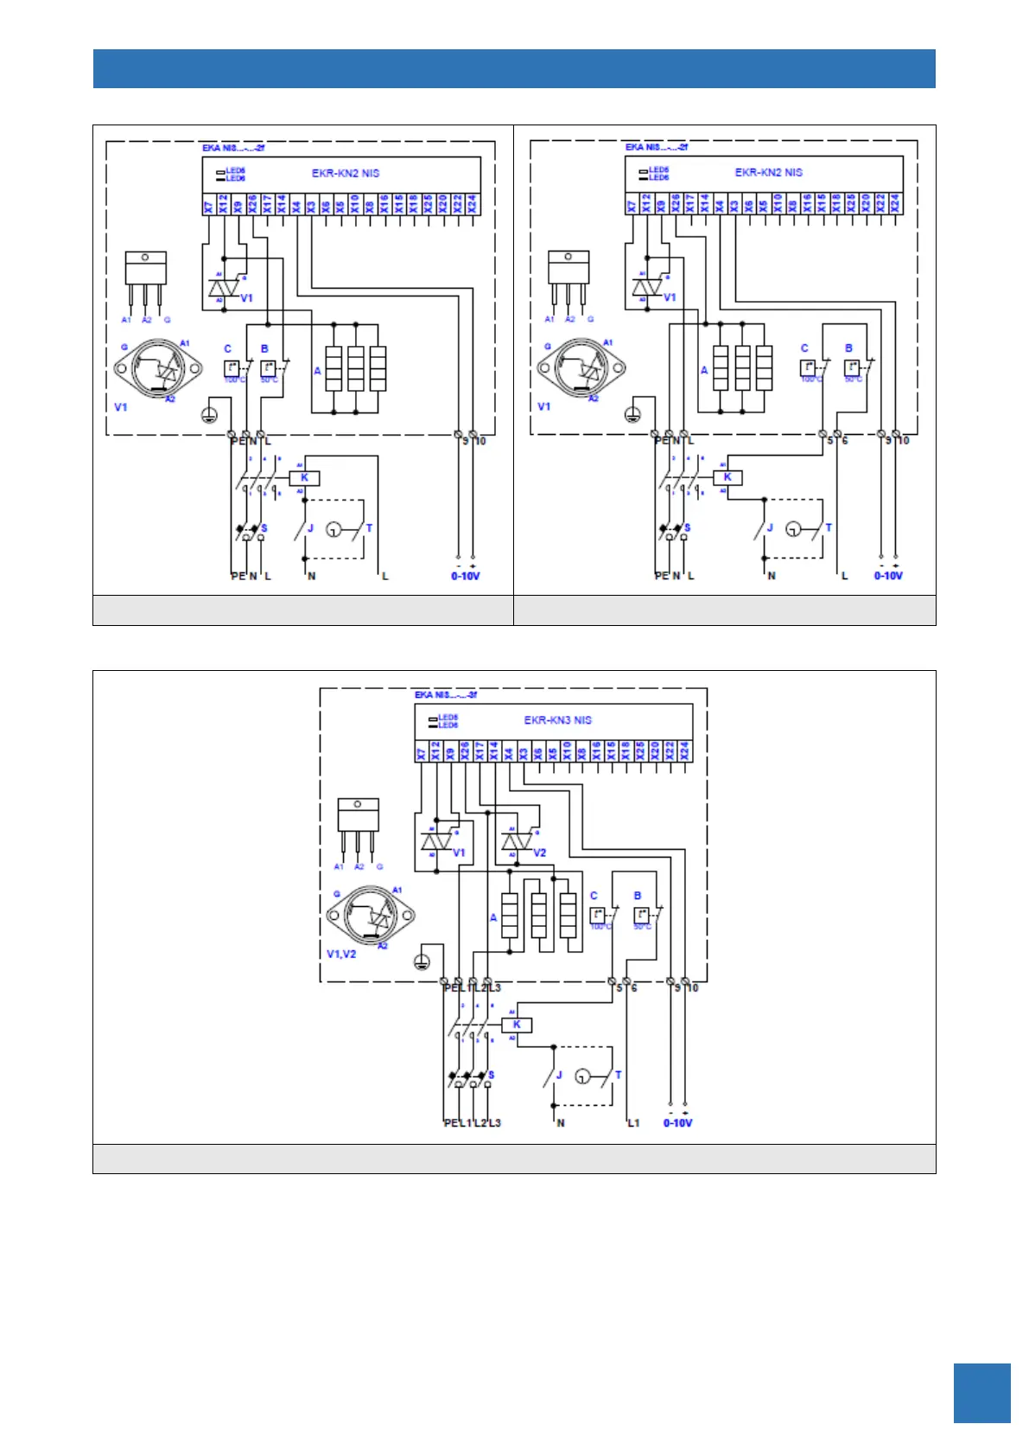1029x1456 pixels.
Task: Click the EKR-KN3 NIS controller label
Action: pyautogui.click(x=557, y=719)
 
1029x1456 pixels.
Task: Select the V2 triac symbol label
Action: pyautogui.click(x=540, y=853)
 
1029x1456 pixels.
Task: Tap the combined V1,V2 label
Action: pyautogui.click(x=340, y=954)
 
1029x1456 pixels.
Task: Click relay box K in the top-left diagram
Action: pyautogui.click(x=304, y=477)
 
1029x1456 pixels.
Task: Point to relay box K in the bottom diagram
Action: pyautogui.click(x=517, y=1025)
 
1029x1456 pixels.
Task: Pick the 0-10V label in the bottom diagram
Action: pyautogui.click(x=677, y=1123)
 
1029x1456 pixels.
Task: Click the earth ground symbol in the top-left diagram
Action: pyautogui.click(x=208, y=415)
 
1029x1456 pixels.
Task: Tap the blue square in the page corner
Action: pyautogui.click(x=981, y=1393)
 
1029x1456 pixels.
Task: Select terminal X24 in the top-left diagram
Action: pyautogui.click(x=472, y=205)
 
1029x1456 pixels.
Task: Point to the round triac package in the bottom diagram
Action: pyautogui.click(x=370, y=915)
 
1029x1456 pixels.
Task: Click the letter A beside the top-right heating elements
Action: pyautogui.click(x=704, y=370)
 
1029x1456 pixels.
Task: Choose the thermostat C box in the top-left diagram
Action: pyautogui.click(x=232, y=368)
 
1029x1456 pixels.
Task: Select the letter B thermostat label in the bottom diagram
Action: pyautogui.click(x=638, y=896)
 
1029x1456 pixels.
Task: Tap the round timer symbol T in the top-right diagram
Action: pyautogui.click(x=794, y=528)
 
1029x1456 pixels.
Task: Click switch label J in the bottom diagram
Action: pyautogui.click(x=559, y=1076)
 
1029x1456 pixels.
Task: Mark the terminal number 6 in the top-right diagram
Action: pyautogui.click(x=844, y=441)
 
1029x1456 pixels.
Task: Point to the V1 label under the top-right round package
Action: pyautogui.click(x=543, y=406)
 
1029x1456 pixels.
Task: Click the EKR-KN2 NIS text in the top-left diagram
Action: pyautogui.click(x=346, y=173)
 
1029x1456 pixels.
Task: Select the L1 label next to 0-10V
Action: pyautogui.click(x=633, y=1123)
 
